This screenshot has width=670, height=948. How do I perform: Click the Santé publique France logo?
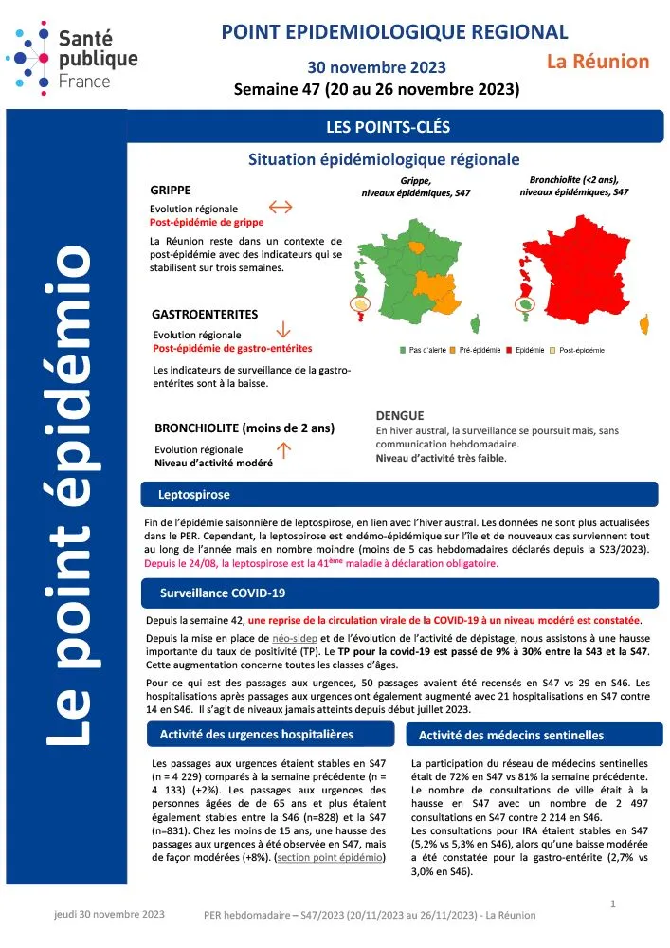pos(73,58)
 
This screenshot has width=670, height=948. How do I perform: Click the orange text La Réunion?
pos(598,62)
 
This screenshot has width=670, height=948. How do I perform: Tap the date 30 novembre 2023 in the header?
pos(376,67)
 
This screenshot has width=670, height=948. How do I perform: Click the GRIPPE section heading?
pos(171,190)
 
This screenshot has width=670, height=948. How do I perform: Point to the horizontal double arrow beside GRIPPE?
pos(281,207)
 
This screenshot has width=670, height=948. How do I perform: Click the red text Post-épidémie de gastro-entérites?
pos(232,349)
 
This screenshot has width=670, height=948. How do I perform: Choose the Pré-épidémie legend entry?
pos(480,351)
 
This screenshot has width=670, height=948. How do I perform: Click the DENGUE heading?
pos(400,415)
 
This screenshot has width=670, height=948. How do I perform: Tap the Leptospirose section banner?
pos(194,495)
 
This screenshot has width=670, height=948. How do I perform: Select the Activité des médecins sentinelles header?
pos(512,735)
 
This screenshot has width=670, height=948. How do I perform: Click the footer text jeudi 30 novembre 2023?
pos(109,915)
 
